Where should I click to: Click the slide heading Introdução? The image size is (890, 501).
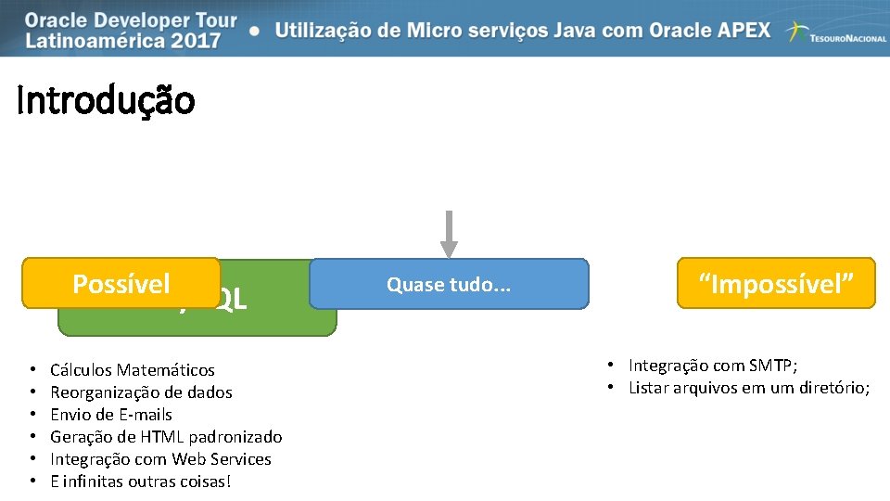(x=106, y=100)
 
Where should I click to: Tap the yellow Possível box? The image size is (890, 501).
(x=121, y=283)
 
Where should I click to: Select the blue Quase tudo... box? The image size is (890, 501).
(x=449, y=284)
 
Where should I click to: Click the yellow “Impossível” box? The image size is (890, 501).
(x=776, y=283)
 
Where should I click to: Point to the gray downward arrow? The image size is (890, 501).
(x=449, y=235)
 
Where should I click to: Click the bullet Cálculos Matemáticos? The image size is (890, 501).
(x=133, y=370)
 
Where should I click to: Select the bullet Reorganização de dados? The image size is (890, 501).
(x=141, y=392)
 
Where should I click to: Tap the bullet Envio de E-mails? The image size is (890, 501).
(x=111, y=415)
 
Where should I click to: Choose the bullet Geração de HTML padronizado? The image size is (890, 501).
(x=166, y=437)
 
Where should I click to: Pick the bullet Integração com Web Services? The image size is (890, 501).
(x=160, y=459)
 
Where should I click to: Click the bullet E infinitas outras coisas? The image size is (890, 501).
(x=140, y=482)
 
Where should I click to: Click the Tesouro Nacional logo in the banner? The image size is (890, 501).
(x=835, y=33)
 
